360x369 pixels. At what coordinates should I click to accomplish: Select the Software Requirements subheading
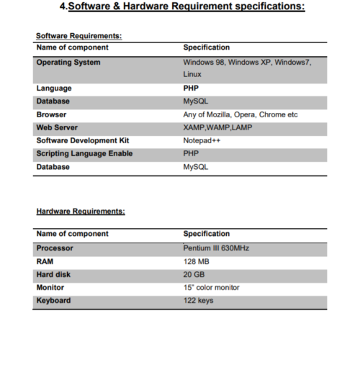[78, 35]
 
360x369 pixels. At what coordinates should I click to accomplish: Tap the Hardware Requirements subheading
[81, 211]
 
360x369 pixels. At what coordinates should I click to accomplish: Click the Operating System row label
[68, 63]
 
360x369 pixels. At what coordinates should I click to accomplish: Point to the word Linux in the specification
[192, 75]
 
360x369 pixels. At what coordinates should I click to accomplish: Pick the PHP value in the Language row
[191, 88]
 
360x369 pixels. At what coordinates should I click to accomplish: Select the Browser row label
[51, 114]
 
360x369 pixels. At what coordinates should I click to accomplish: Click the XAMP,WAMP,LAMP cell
[217, 127]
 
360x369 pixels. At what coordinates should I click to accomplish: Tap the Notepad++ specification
[201, 140]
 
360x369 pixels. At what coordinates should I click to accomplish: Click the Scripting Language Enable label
[84, 153]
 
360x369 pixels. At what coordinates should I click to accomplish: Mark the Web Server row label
[58, 127]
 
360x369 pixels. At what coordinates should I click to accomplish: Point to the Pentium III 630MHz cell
[216, 248]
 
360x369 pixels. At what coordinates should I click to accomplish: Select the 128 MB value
[196, 262]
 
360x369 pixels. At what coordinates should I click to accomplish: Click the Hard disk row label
[54, 275]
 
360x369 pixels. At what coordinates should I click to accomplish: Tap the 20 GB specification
[194, 275]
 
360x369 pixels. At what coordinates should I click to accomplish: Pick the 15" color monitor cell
[212, 288]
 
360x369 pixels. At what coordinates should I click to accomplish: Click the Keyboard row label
[53, 301]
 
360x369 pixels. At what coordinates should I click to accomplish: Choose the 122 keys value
[199, 301]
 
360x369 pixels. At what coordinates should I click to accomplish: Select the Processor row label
[55, 248]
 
